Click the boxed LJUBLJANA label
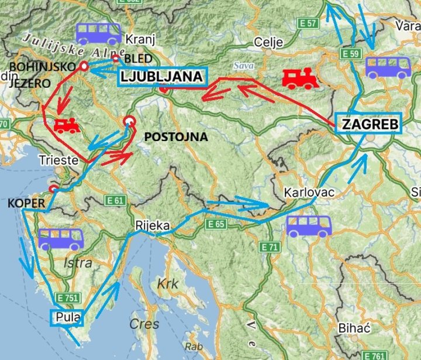click(162, 77)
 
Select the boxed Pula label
click(67, 317)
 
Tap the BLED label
click(138, 59)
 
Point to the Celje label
click(268, 42)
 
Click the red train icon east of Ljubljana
click(301, 78)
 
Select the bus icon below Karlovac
click(309, 226)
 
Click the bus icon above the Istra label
click(61, 239)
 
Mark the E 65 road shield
click(216, 224)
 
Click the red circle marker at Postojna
click(129, 122)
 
